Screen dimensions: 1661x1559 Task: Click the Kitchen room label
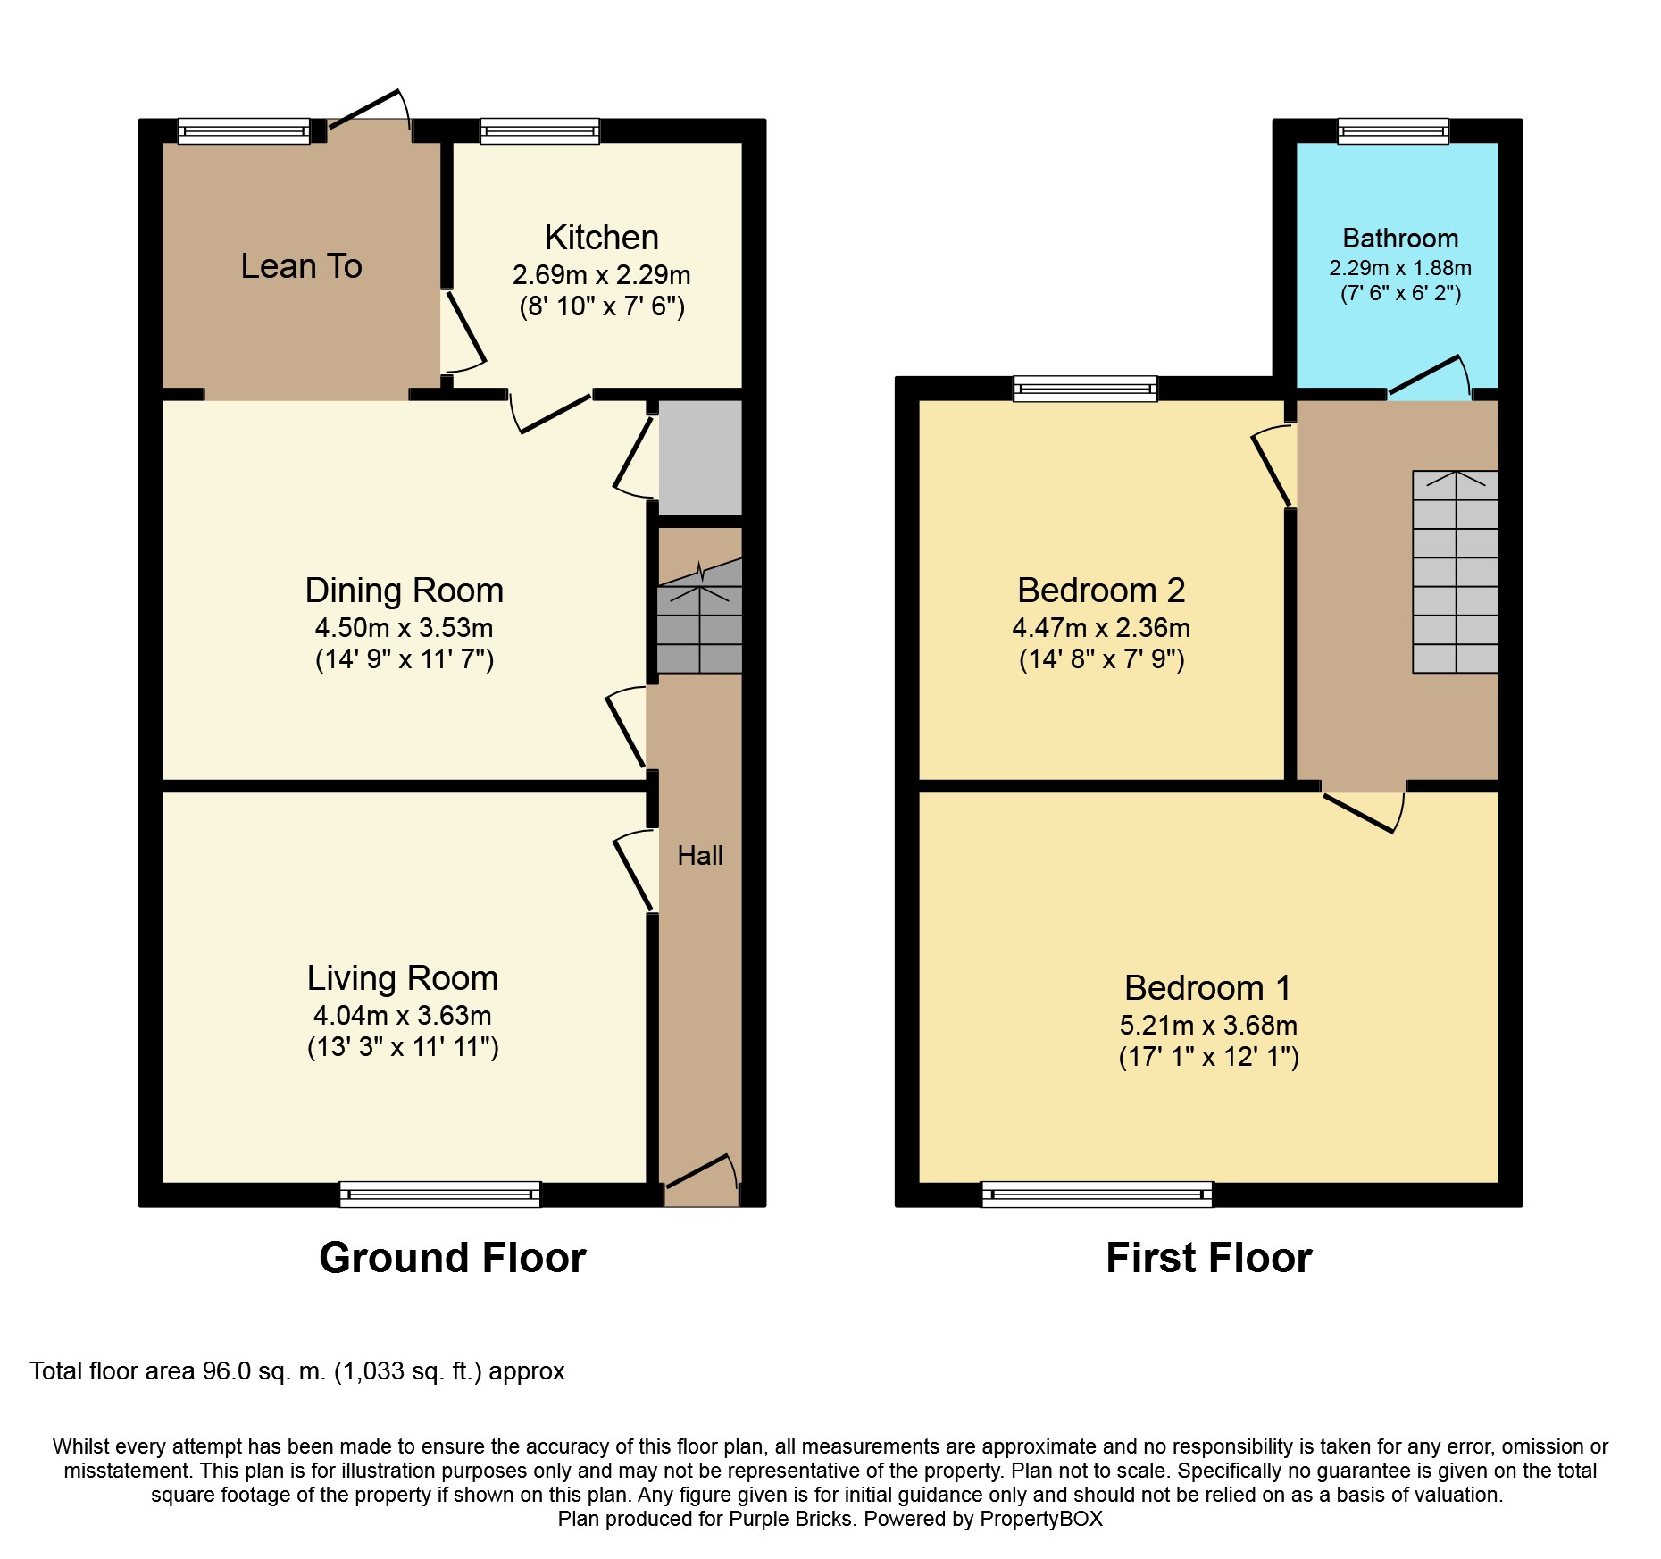[601, 238]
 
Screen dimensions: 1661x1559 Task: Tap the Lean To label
[301, 266]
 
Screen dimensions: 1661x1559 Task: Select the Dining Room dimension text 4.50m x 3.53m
[404, 627]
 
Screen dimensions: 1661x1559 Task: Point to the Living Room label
[403, 978]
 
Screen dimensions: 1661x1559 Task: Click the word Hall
[700, 856]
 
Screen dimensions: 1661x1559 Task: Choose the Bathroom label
[1400, 239]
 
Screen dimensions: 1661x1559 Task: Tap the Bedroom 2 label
[1101, 591]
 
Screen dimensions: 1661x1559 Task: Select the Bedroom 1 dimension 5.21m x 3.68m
[1208, 1025]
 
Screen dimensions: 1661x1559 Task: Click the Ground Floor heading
[453, 1258]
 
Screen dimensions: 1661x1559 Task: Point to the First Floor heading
[1209, 1258]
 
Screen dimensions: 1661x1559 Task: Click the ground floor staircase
[700, 616]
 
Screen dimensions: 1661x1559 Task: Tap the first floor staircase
[1456, 572]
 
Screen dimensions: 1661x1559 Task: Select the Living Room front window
[439, 1194]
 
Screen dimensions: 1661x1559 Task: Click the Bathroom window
[1393, 131]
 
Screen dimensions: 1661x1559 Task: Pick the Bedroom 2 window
[1085, 389]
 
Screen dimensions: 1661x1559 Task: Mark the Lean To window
[244, 131]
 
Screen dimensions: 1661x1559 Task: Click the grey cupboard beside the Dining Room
[701, 457]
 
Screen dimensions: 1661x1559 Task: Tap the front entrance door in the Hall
[703, 1177]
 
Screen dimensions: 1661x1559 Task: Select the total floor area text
[297, 1371]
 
